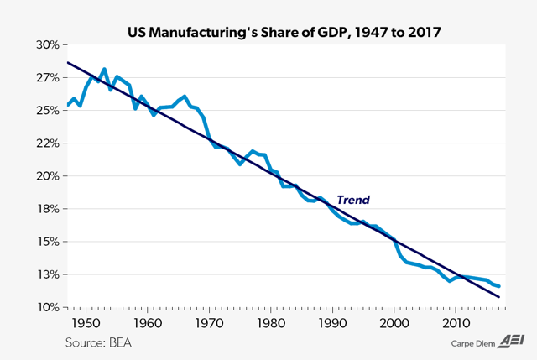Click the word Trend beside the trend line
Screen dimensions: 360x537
coord(353,200)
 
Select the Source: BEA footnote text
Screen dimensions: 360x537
coord(98,342)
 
